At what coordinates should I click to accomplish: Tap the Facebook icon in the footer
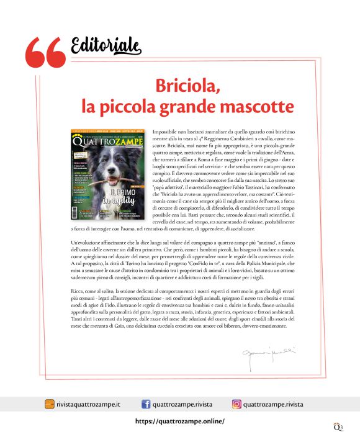pos(147,404)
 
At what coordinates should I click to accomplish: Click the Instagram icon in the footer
pos(236,404)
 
